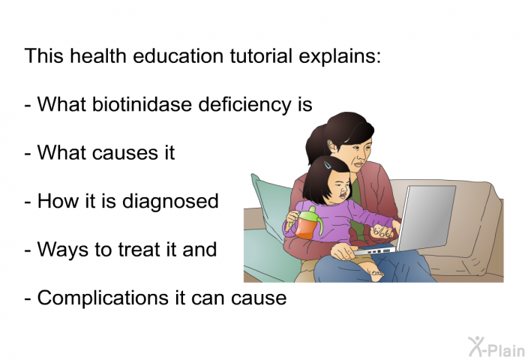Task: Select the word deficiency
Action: click(x=244, y=105)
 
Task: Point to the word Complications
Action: click(x=103, y=298)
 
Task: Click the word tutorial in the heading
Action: click(x=261, y=55)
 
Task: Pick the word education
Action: click(x=178, y=55)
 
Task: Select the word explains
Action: click(x=340, y=56)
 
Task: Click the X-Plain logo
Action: click(x=496, y=346)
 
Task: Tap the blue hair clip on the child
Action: click(x=328, y=165)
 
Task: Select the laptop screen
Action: click(x=426, y=217)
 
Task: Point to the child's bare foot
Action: click(x=374, y=273)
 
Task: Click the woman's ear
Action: click(x=333, y=147)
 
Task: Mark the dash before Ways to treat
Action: click(x=28, y=250)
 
